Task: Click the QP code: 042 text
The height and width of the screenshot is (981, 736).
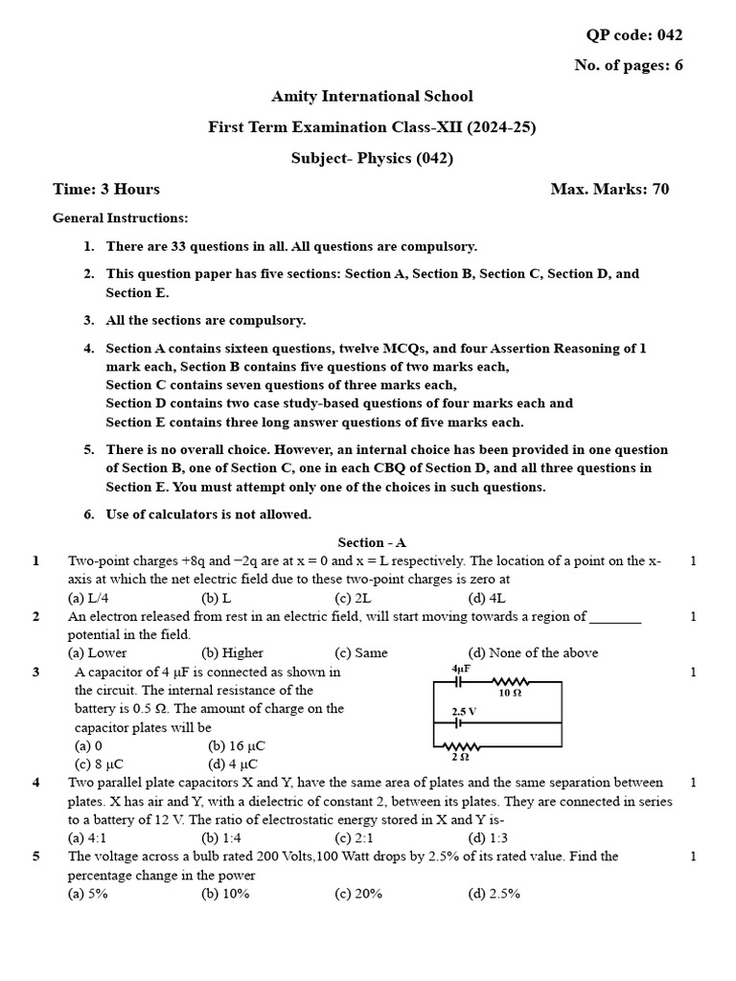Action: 634,35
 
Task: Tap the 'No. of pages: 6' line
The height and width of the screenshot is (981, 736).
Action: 628,66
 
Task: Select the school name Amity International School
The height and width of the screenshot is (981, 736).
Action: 372,97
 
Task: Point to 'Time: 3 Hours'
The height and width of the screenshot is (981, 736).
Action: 106,189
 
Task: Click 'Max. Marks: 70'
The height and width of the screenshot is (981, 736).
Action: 609,189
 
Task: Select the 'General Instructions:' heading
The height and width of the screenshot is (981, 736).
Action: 120,218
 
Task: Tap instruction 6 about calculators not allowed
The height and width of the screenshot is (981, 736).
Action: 208,514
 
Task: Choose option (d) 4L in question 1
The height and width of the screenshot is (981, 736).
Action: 485,598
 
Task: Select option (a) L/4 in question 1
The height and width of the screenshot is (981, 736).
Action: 89,598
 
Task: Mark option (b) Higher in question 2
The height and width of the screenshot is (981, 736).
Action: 232,653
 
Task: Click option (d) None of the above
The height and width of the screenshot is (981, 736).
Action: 533,653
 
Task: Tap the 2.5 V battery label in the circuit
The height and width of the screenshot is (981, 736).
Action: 464,712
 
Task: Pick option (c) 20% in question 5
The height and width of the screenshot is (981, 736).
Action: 358,894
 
